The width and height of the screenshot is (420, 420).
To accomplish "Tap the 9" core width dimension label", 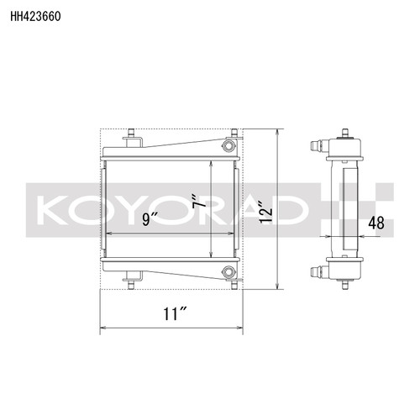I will tap(151, 221).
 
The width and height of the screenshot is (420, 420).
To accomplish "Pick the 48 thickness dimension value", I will tap(377, 223).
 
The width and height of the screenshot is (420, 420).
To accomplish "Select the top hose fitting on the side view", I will tap(318, 146).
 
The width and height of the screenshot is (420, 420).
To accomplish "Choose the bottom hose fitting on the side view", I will tap(318, 271).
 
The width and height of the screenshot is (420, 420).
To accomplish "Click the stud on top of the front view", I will tap(132, 136).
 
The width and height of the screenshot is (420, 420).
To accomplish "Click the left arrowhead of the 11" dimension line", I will tap(104, 326).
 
